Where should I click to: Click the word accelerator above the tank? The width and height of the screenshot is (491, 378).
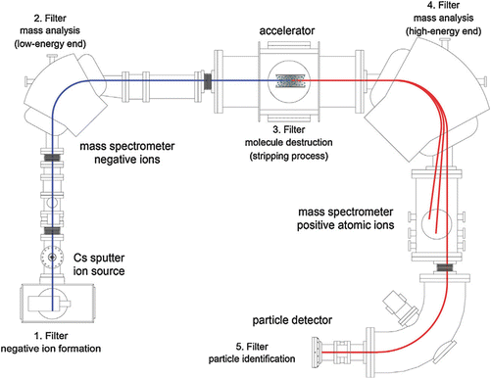tap(287, 30)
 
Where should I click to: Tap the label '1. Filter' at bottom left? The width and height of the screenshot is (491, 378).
tap(51, 336)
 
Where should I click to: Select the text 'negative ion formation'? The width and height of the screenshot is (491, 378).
tap(51, 349)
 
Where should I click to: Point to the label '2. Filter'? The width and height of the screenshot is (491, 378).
tap(50, 19)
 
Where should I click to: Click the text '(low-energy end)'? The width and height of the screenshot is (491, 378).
tap(50, 44)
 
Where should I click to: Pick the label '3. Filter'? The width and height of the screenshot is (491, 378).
tap(289, 129)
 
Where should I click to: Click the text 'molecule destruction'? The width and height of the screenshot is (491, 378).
tap(289, 143)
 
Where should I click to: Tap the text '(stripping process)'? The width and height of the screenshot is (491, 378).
tap(289, 156)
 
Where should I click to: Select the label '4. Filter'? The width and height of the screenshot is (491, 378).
tap(443, 5)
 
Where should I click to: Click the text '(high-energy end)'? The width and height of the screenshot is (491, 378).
tap(443, 31)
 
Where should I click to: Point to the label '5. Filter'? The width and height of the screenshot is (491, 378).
tap(252, 347)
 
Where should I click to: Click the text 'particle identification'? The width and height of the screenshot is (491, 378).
tap(252, 359)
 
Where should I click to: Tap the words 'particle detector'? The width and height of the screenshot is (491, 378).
tap(292, 320)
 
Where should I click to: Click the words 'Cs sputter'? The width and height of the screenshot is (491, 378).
tap(99, 258)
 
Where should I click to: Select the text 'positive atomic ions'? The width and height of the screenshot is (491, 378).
tap(345, 225)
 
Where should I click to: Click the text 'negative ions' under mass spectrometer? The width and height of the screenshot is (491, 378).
tap(127, 160)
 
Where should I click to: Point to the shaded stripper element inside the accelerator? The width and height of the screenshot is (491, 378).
tap(290, 81)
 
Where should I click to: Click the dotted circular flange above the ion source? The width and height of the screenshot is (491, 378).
tap(52, 258)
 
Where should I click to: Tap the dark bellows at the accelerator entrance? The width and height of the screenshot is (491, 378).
tap(208, 81)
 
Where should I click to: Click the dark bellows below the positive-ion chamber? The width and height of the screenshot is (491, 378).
tap(444, 268)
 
